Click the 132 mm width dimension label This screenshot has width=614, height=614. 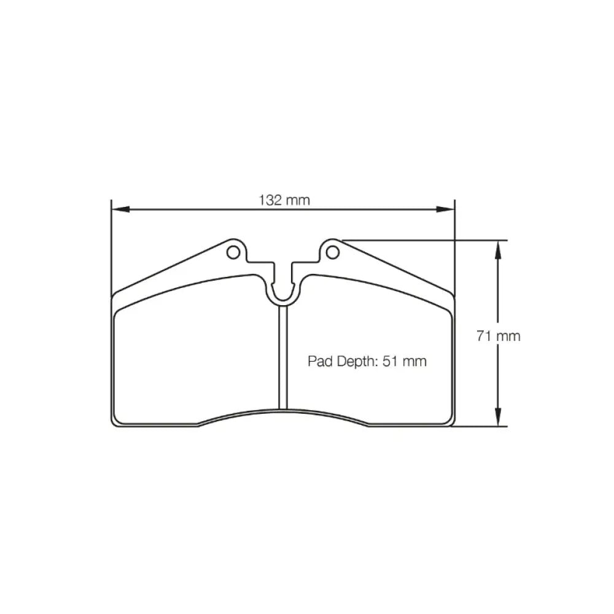coord(284,200)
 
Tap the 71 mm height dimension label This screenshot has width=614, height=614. coord(499,336)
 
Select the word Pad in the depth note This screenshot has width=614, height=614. coord(320,362)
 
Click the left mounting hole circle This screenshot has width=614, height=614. coord(233,252)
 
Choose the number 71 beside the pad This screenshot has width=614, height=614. coord(484,336)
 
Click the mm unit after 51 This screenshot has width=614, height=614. coord(415,362)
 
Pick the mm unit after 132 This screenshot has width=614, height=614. coord(298,200)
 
